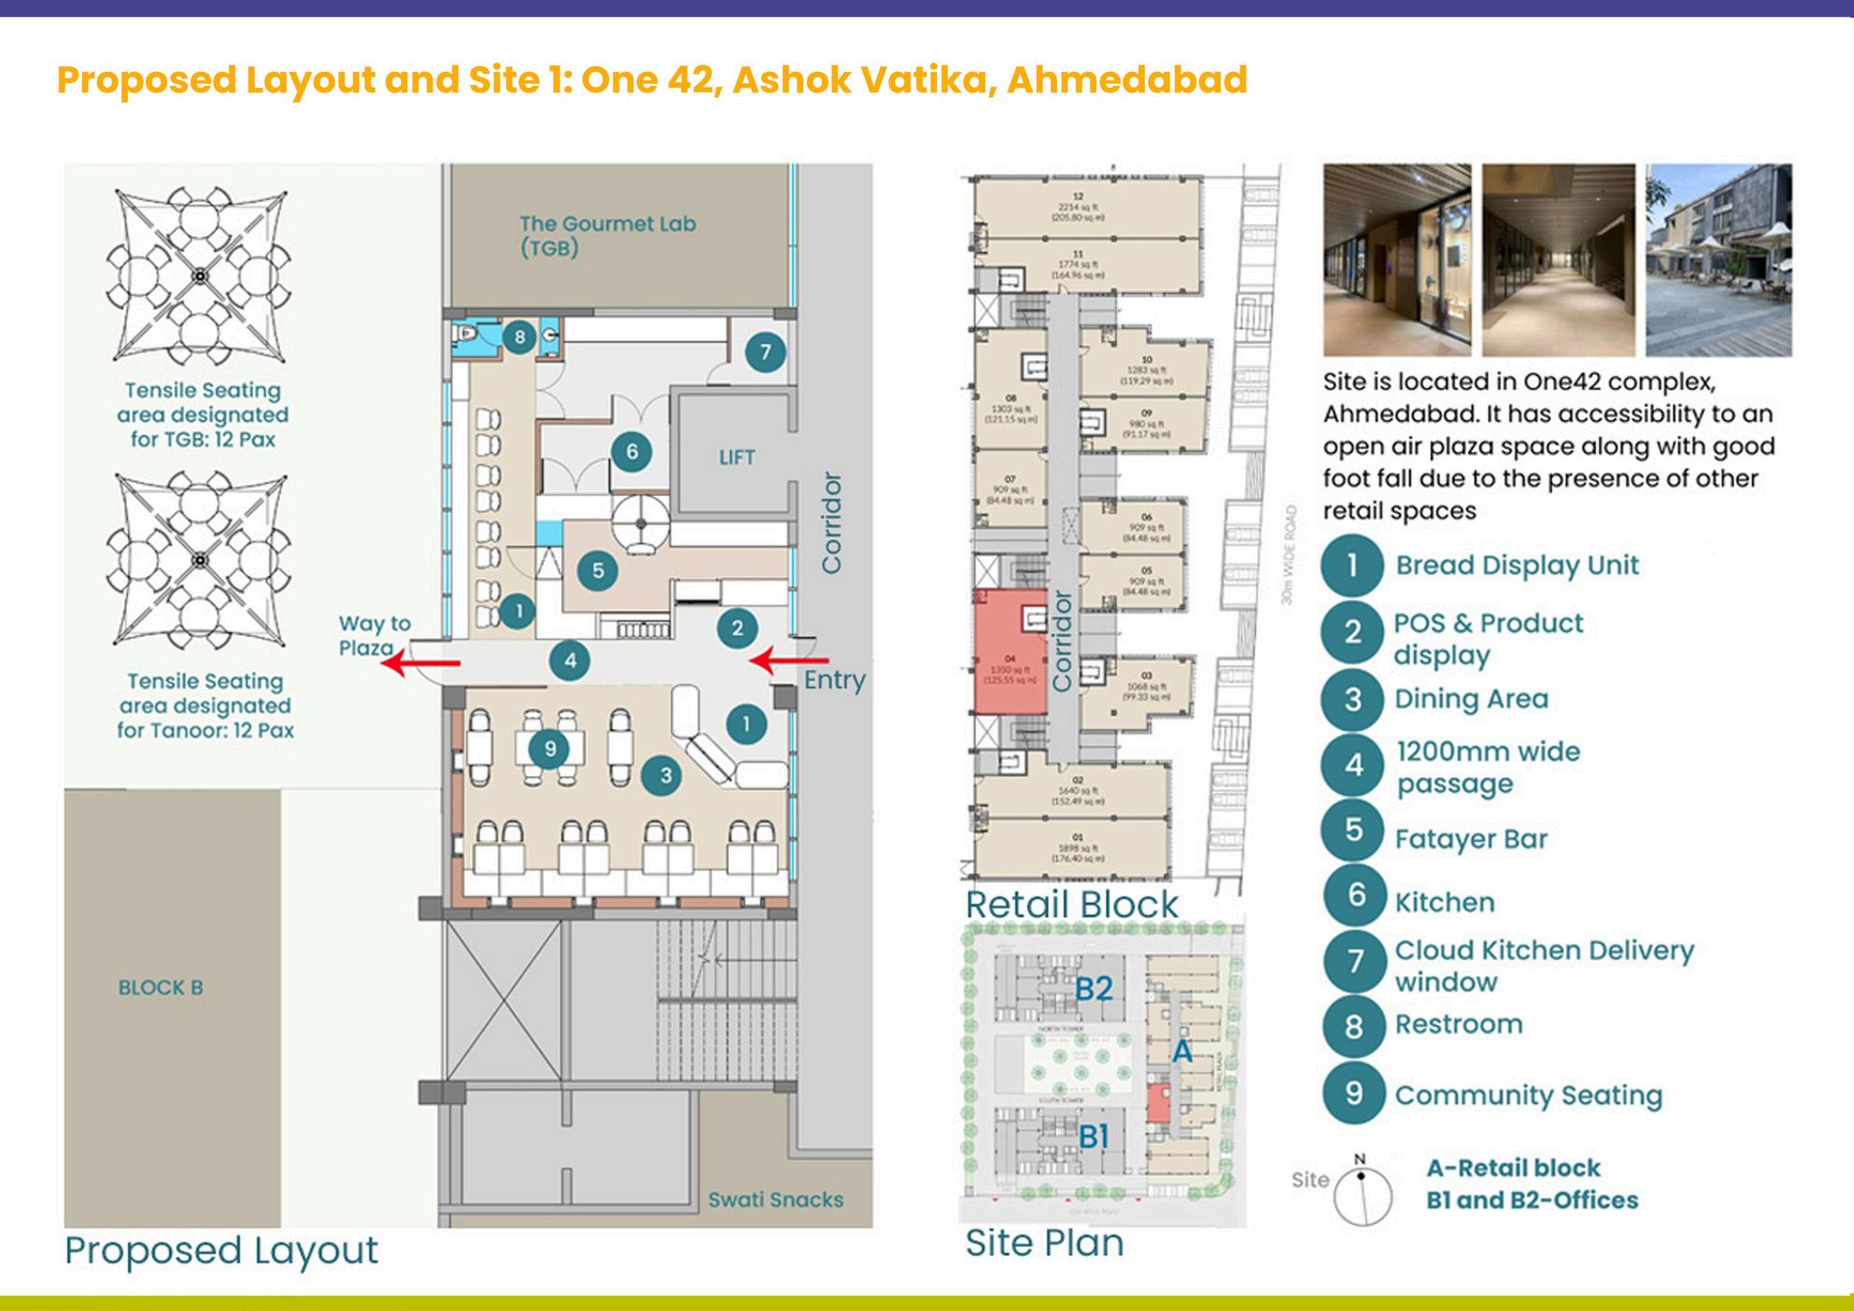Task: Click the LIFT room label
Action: [736, 458]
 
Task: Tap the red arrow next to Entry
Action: [777, 662]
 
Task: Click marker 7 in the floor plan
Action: [765, 352]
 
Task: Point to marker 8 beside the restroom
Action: [519, 337]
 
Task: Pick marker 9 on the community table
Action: [549, 749]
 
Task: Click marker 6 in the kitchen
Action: [631, 452]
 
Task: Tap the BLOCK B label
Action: [161, 988]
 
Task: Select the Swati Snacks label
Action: [775, 1200]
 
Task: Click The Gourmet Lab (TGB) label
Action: [607, 235]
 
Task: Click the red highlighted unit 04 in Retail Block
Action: [1009, 652]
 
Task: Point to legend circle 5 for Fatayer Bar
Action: [1352, 830]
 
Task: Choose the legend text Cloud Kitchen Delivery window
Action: [1543, 966]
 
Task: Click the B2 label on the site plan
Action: [1094, 988]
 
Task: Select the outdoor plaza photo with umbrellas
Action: [1718, 260]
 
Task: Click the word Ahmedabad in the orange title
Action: [1126, 80]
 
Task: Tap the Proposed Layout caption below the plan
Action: [221, 1250]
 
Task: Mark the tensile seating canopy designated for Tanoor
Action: [200, 559]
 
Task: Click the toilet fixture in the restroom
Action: [465, 333]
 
